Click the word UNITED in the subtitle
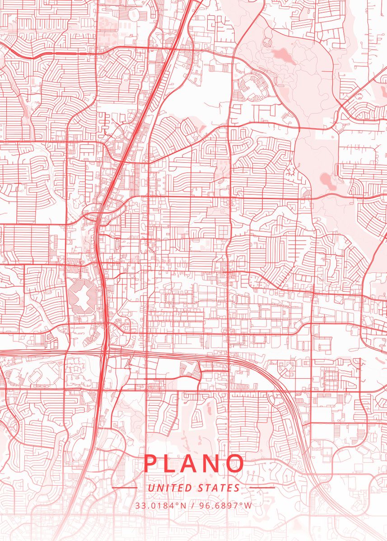pyautogui.click(x=170, y=488)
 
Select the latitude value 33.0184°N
pyautogui.click(x=161, y=505)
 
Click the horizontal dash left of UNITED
pyautogui.click(x=125, y=488)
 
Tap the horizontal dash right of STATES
pyautogui.click(x=262, y=488)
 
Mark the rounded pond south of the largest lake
pyautogui.click(x=326, y=179)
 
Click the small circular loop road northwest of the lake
pyautogui.click(x=267, y=42)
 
